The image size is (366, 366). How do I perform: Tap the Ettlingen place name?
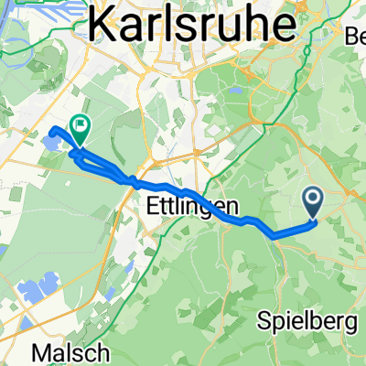pos(187,208)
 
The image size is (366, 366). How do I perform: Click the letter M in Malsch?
pos(41,352)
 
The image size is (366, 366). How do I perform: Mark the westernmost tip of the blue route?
pos(50,129)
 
